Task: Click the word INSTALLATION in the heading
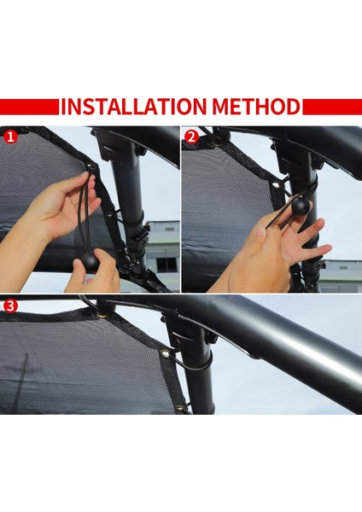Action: pos(134,106)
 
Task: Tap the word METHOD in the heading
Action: pos(256,106)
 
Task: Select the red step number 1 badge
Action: pos(10,137)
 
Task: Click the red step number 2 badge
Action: pos(191,137)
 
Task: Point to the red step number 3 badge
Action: pos(10,306)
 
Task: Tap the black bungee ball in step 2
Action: pos(301,205)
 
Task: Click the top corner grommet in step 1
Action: pos(90,168)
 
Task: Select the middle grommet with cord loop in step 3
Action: pos(165,353)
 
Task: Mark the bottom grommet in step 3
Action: pos(180,408)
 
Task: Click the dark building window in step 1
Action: pos(166,264)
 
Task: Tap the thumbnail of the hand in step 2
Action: pos(260,231)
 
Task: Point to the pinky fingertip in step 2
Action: pos(328,249)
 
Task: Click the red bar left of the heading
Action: pos(29,107)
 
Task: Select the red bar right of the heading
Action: pos(332,107)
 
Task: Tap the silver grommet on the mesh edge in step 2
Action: pos(276,186)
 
